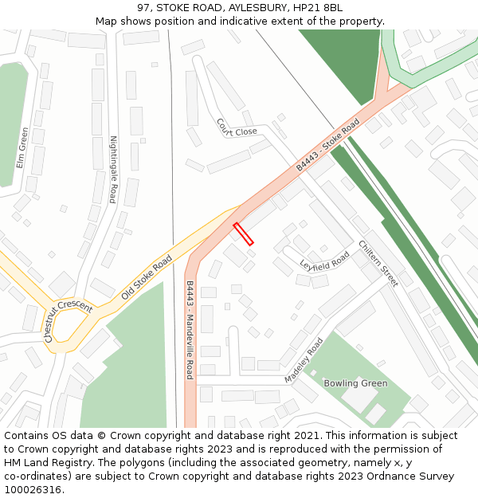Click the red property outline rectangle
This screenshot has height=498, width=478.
(x=243, y=233)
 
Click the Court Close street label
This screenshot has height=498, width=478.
(x=237, y=127)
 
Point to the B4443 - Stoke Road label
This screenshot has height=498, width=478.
(x=327, y=145)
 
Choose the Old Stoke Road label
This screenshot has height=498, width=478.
(x=147, y=278)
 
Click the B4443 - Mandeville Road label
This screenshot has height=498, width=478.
(x=190, y=329)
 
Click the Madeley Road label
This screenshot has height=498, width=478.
(x=304, y=360)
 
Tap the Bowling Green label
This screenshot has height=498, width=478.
(x=355, y=383)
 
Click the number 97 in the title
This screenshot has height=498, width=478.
(x=143, y=8)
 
